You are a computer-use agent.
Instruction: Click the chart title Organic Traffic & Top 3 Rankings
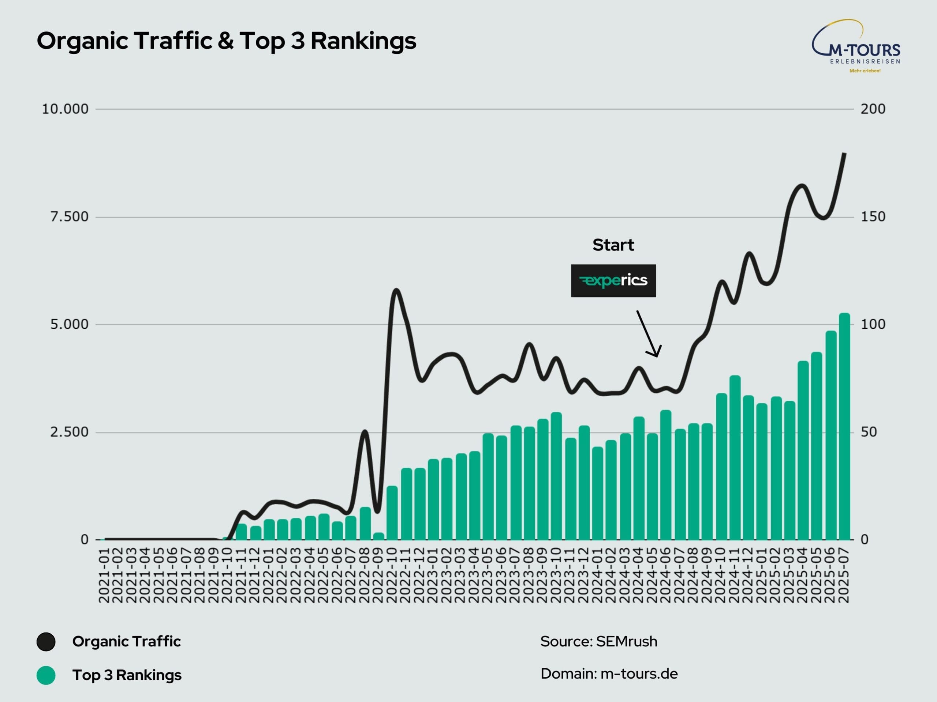point(226,41)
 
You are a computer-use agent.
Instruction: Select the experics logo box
point(613,280)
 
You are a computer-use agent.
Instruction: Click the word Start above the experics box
point(613,245)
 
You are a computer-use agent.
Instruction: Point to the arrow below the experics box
point(648,333)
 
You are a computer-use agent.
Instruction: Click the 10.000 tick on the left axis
point(65,109)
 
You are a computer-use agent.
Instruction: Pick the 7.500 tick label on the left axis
point(69,217)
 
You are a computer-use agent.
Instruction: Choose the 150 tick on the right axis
point(873,217)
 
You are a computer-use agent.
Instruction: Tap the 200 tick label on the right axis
point(873,109)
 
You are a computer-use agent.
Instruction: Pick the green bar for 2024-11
point(735,458)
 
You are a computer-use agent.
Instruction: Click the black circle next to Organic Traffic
point(46,642)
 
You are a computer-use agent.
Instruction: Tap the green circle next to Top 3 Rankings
point(46,675)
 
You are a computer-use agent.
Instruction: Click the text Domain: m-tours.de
point(609,673)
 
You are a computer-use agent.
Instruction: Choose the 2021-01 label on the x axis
point(104,575)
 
